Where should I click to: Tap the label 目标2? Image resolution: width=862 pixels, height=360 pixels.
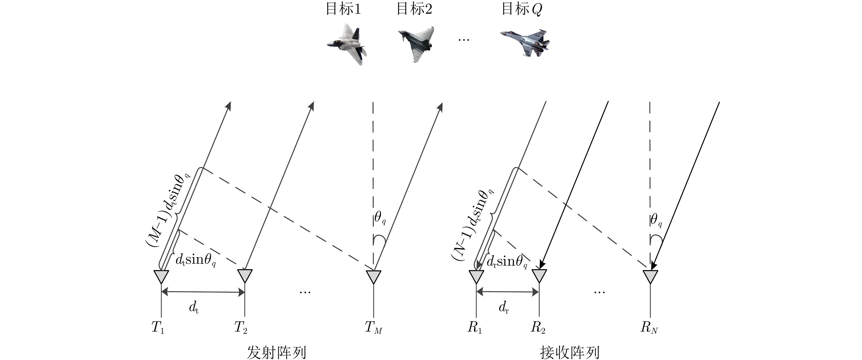click(x=414, y=9)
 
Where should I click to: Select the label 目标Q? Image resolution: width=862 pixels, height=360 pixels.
click(x=521, y=9)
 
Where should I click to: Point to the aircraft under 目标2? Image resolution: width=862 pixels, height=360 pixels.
click(x=416, y=43)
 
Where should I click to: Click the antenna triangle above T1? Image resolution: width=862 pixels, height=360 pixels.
click(x=161, y=276)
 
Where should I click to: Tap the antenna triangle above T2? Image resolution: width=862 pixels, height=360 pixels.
click(x=245, y=276)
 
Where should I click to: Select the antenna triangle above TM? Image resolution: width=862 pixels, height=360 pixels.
click(x=374, y=276)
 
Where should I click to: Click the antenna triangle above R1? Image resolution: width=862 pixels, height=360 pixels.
click(x=476, y=276)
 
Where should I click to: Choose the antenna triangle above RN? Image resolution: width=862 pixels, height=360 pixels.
click(x=650, y=276)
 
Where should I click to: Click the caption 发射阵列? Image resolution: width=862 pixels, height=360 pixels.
click(x=276, y=352)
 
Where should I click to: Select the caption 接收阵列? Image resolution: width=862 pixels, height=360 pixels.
click(x=569, y=352)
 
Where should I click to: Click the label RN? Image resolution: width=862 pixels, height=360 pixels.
click(x=649, y=328)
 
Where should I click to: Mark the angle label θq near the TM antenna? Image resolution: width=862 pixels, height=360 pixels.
click(x=380, y=218)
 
